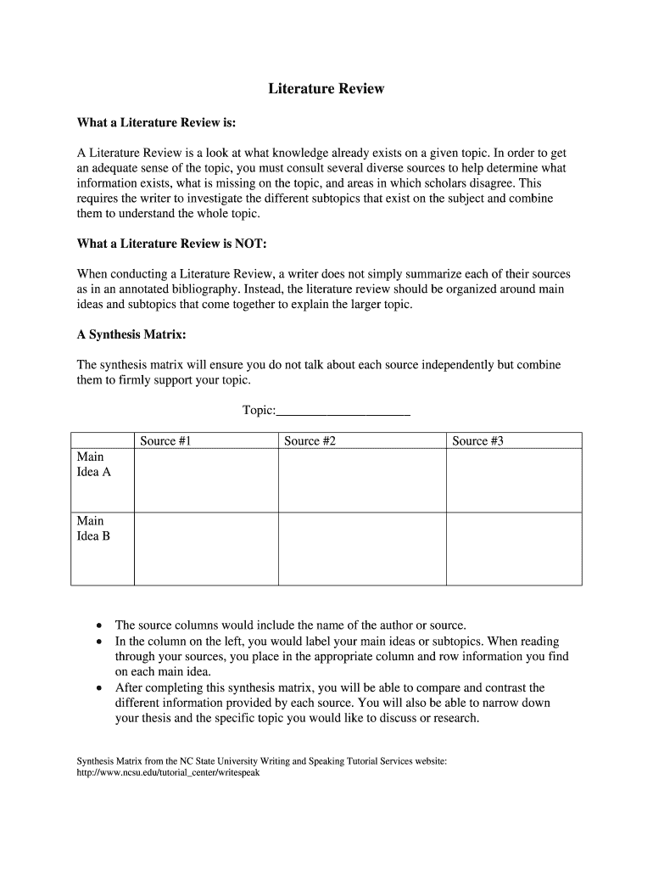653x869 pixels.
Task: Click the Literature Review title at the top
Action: [x=326, y=88]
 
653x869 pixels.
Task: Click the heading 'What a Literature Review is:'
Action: [x=156, y=123]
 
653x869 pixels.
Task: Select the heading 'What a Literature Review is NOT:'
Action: [x=171, y=244]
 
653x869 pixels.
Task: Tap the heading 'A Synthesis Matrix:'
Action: [x=131, y=334]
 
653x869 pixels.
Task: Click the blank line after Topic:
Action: [x=343, y=411]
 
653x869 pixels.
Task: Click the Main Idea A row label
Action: [x=93, y=464]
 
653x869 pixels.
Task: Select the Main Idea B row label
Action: [x=93, y=528]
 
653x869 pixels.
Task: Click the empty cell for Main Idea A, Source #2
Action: [x=362, y=480]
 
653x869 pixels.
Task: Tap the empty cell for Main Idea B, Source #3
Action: [x=514, y=548]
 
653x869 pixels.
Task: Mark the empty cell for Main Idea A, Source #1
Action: [x=206, y=480]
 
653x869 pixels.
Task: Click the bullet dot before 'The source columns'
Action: [x=100, y=625]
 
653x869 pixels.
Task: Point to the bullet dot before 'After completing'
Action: [x=100, y=687]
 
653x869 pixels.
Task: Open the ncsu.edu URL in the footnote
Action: [x=162, y=774]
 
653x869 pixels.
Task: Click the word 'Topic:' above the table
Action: [x=260, y=411]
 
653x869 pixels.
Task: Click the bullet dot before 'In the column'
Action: [x=100, y=642]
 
